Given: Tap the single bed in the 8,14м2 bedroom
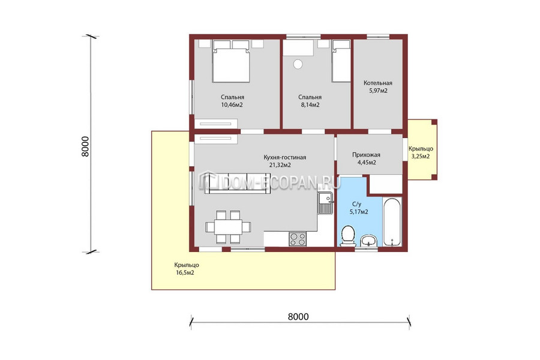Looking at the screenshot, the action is [341, 61].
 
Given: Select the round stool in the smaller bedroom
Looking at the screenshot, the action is [298, 64].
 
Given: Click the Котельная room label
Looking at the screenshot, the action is [378, 83].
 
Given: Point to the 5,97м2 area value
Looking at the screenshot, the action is [378, 91].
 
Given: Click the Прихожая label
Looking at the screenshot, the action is [366, 155].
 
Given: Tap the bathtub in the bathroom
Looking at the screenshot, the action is [392, 221].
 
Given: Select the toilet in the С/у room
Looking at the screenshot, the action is [348, 236].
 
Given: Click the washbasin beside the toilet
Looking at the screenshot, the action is [368, 241].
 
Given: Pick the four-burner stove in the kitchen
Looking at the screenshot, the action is [298, 239].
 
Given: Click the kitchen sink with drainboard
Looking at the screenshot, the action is [325, 203].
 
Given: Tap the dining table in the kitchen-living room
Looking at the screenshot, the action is [229, 227].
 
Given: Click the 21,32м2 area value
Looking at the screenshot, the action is [280, 165].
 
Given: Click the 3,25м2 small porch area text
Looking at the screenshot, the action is [421, 157].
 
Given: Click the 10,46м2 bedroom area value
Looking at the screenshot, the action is [232, 105].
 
